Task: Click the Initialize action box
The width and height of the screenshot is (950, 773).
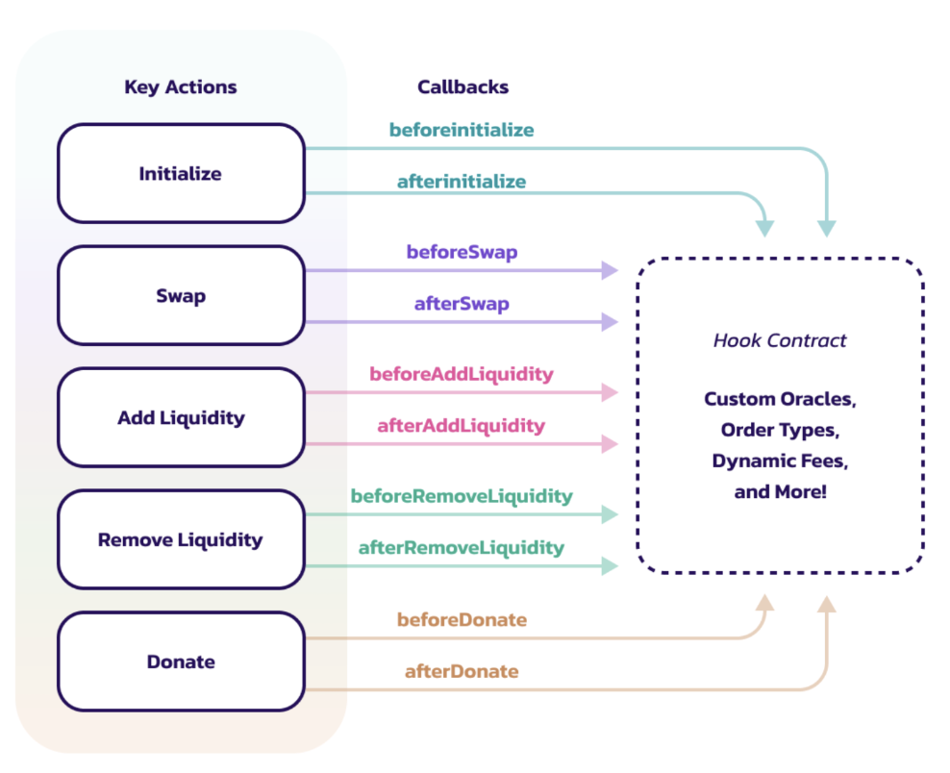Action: click(x=181, y=173)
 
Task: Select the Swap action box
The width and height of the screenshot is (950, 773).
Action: click(x=181, y=295)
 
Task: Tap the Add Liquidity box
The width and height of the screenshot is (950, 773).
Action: click(x=181, y=417)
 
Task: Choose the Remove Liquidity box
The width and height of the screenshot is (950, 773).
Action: click(x=181, y=539)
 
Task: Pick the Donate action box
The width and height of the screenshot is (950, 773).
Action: click(x=181, y=661)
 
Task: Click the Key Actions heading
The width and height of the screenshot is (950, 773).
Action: click(x=181, y=87)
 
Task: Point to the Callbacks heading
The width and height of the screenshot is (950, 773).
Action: click(x=462, y=87)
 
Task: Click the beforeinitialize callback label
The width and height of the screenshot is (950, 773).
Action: click(x=462, y=130)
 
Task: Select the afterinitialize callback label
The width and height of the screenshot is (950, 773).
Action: click(x=462, y=181)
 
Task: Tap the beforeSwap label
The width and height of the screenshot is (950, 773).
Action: click(x=462, y=252)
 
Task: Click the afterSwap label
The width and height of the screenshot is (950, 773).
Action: click(x=462, y=304)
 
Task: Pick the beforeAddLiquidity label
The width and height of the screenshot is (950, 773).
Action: click(x=462, y=374)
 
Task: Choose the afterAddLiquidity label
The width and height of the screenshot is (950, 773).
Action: click(x=462, y=426)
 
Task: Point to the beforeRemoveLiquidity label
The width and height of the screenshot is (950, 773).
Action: click(x=462, y=497)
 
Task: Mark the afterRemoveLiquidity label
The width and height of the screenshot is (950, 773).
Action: click(x=462, y=548)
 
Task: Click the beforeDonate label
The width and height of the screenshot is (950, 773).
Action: click(x=462, y=620)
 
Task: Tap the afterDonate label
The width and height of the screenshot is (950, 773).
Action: click(x=462, y=671)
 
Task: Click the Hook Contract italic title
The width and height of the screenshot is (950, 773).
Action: click(x=780, y=340)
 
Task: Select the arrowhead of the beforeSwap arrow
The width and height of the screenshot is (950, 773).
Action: click(x=611, y=270)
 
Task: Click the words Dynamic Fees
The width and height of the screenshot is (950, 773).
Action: click(x=780, y=461)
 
